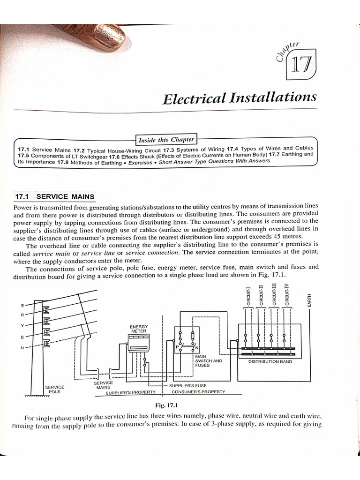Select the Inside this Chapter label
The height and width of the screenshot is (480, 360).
tap(166, 140)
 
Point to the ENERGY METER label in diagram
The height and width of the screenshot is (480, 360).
tap(139, 328)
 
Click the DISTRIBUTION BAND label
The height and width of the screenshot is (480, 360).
tap(270, 361)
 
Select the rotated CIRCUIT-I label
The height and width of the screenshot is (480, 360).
tap(249, 295)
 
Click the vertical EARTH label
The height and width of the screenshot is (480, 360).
tap(309, 300)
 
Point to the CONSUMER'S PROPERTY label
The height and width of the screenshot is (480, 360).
tap(198, 391)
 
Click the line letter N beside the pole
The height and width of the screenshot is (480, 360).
tap(22, 347)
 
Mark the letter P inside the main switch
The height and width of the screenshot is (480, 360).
tap(178, 347)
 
